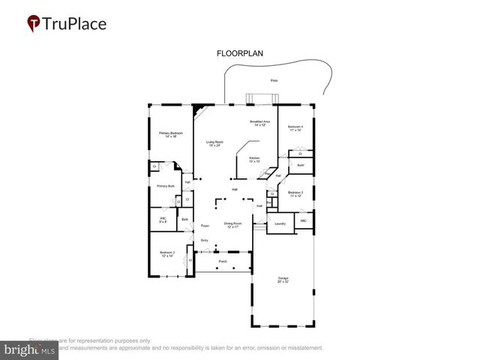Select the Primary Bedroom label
pyautogui.click(x=170, y=134)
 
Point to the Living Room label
pyautogui.click(x=215, y=142)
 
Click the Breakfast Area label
pyautogui.click(x=259, y=122)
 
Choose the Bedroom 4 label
pyautogui.click(x=297, y=128)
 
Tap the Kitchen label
pyautogui.click(x=255, y=159)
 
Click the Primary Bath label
pyautogui.click(x=166, y=186)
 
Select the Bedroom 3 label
pyautogui.click(x=296, y=193)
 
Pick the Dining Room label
pyautogui.click(x=232, y=224)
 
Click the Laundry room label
pyautogui.click(x=280, y=223)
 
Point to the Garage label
pyautogui.click(x=281, y=280)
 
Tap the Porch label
pyautogui.click(x=223, y=262)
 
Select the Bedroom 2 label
pyautogui.click(x=166, y=253)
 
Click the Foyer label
pyautogui.click(x=204, y=225)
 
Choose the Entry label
pyautogui.click(x=204, y=240)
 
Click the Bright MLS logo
pyautogui.click(x=29, y=349)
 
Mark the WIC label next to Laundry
pyautogui.click(x=304, y=221)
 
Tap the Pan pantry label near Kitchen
pyautogui.click(x=268, y=174)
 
